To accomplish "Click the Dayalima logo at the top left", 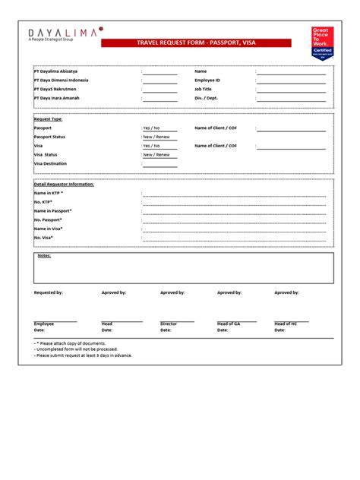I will coord(65,33).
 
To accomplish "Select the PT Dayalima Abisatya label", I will coord(55,71).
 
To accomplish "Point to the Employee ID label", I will coord(207,80).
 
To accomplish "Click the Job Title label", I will coord(203,89).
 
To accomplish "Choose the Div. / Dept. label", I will coord(206,98).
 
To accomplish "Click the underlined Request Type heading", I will coord(48,119).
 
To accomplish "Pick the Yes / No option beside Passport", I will coord(152,128).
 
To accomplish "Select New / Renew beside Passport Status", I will coord(156,137).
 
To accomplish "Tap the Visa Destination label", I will coord(50,163).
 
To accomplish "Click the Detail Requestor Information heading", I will coord(64,185).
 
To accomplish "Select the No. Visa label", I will coord(44,237).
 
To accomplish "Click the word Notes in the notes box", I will coord(44,256).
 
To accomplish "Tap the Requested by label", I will coord(49,292).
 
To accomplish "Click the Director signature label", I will coord(169,324).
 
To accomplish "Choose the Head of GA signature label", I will coord(229,324).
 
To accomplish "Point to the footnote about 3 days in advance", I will coord(84,355).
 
